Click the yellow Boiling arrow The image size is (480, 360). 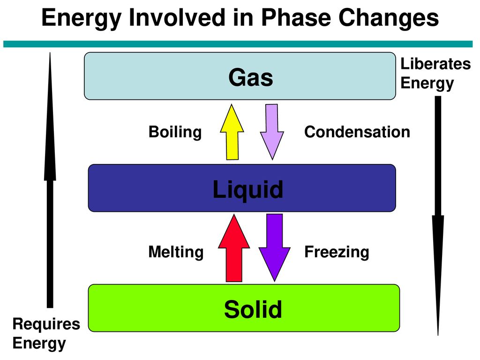tap(232, 132)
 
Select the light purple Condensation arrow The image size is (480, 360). tap(272, 132)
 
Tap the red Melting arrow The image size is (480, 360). tap(234, 248)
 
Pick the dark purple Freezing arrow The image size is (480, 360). tap(275, 247)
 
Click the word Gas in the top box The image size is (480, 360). tap(251, 77)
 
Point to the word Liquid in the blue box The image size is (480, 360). tap(248, 189)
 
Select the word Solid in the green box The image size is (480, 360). tap(253, 309)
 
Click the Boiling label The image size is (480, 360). tap(175, 132)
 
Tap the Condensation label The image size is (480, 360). tap(357, 132)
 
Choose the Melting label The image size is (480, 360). tap(176, 252)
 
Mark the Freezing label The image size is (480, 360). tap(337, 252)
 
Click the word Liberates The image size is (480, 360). tap(435, 64)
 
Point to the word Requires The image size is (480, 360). tap(46, 324)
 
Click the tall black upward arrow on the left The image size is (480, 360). tap(50, 180)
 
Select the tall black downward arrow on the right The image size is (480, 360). tap(438, 216)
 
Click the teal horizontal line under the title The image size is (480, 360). tap(238, 44)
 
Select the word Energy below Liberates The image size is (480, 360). tap(427, 83)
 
